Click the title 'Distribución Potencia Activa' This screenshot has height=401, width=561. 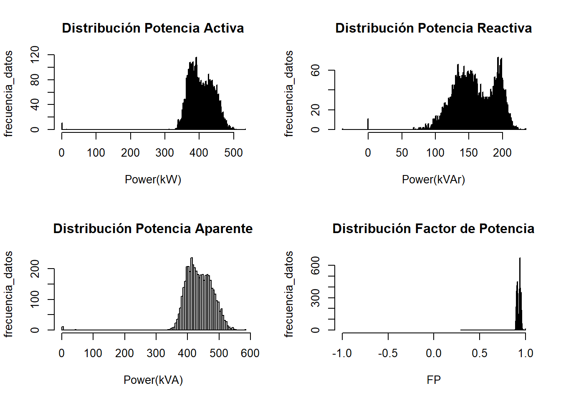(x=153, y=28)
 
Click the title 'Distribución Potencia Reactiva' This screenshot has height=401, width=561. (x=433, y=28)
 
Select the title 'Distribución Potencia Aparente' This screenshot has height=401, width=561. (x=153, y=228)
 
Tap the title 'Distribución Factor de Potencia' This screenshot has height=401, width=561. (x=433, y=228)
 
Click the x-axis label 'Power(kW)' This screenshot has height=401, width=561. (x=153, y=180)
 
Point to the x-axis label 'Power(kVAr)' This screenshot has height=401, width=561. (x=433, y=180)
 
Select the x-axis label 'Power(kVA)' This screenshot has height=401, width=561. (x=153, y=380)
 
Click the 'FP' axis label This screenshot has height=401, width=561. (x=434, y=380)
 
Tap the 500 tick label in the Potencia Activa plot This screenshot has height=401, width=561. (x=233, y=153)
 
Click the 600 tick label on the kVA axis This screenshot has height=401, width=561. (x=250, y=353)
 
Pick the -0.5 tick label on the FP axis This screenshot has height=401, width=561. (x=388, y=353)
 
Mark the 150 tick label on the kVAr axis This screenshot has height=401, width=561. (x=469, y=153)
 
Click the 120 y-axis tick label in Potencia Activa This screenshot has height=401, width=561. (x=35, y=55)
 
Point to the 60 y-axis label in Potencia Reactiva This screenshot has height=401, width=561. (x=316, y=70)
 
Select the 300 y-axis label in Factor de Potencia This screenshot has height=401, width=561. (x=316, y=298)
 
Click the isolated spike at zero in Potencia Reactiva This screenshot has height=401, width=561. (x=368, y=124)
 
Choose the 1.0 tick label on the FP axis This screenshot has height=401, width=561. (x=526, y=353)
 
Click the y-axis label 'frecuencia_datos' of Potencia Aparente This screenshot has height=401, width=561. (x=8, y=294)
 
